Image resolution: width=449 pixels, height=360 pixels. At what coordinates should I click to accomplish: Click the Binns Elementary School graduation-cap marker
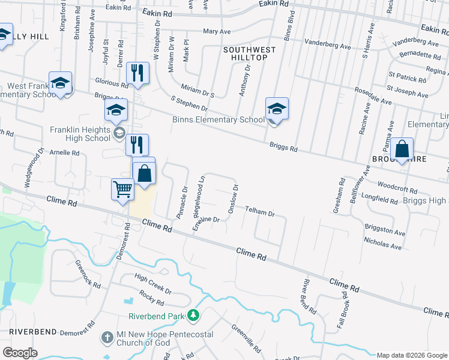(277, 109)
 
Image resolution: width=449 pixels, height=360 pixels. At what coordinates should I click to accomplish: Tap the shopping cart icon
(123, 189)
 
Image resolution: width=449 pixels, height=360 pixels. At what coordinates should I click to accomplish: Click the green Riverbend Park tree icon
(193, 315)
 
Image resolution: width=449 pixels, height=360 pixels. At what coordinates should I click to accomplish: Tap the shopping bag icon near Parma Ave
(402, 149)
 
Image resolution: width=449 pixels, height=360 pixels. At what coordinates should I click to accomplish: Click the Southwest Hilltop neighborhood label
(250, 53)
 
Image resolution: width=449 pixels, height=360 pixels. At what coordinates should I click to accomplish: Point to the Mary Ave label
(217, 31)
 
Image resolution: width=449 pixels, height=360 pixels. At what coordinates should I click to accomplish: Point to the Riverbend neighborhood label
(33, 331)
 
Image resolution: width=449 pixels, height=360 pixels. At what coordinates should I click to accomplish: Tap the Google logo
(20, 353)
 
